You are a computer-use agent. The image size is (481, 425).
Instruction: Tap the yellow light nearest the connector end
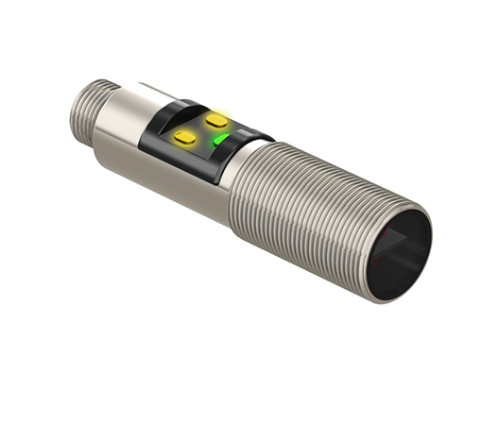tap(185, 138)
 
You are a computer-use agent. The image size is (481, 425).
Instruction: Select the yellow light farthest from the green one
tap(185, 138)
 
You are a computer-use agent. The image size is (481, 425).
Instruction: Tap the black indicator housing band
tap(189, 151)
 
